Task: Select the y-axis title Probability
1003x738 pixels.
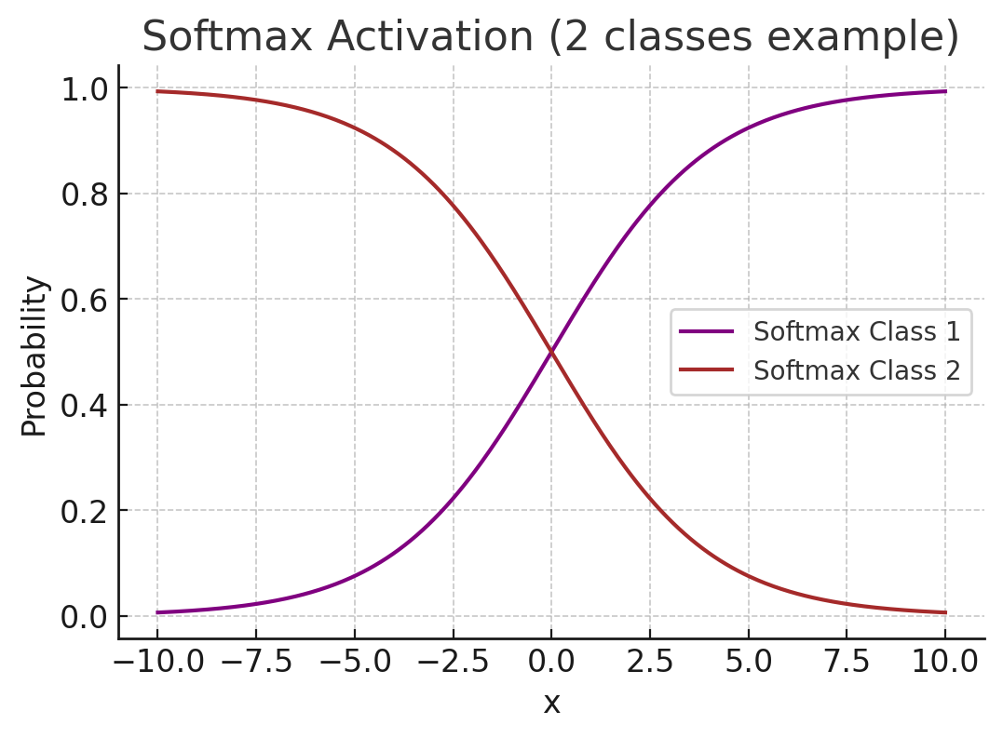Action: (34, 356)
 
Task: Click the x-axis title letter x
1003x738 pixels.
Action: (551, 704)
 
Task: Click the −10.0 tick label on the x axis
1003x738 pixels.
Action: (156, 663)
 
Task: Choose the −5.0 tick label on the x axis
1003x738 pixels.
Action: (354, 663)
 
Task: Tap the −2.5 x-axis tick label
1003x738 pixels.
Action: (453, 663)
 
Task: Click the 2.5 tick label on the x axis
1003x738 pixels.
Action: (650, 663)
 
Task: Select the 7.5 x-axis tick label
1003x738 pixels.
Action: (847, 663)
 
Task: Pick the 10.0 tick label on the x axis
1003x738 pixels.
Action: (945, 663)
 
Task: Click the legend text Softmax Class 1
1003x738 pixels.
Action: (857, 331)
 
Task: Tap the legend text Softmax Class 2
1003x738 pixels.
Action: (857, 370)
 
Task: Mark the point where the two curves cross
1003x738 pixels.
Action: (551, 352)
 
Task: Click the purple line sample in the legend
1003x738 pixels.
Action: (707, 331)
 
